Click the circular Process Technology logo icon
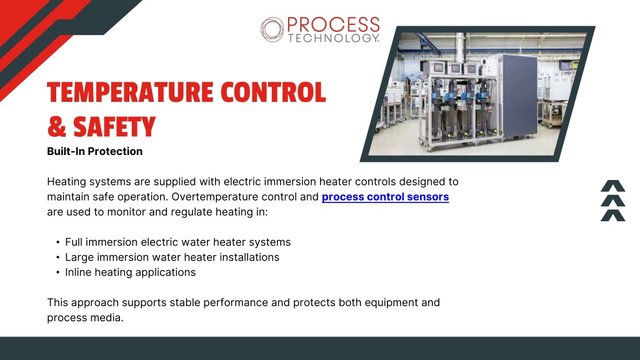pyautogui.click(x=272, y=29)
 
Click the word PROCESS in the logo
pyautogui.click(x=334, y=24)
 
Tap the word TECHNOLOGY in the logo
pyautogui.click(x=334, y=38)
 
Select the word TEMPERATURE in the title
pyautogui.click(x=130, y=92)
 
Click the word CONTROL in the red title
pyautogui.click(x=273, y=92)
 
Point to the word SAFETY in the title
pyautogui.click(x=114, y=127)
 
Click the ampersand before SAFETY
pyautogui.click(x=57, y=127)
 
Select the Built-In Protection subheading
pyautogui.click(x=95, y=151)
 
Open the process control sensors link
pyautogui.click(x=385, y=197)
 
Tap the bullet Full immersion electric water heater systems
pyautogui.click(x=178, y=242)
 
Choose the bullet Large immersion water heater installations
pyautogui.click(x=172, y=257)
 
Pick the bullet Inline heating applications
pyautogui.click(x=131, y=272)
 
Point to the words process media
pyautogui.click(x=85, y=317)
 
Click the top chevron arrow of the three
pyautogui.click(x=613, y=186)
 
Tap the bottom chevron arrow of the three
pyautogui.click(x=613, y=216)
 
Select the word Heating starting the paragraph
pyautogui.click(x=67, y=182)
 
